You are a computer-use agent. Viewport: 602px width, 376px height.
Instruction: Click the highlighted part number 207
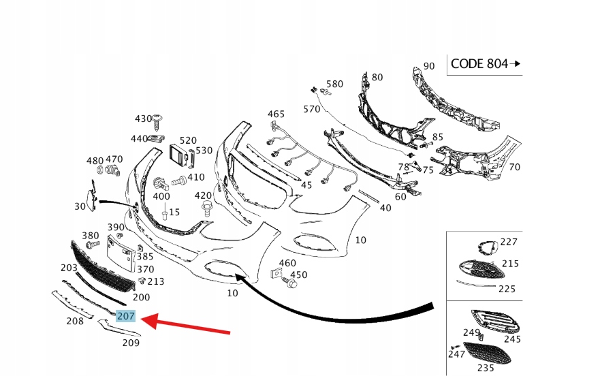click(x=126, y=316)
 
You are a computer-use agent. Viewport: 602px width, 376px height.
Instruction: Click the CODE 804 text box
click(x=484, y=64)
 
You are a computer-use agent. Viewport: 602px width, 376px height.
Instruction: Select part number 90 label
click(x=429, y=66)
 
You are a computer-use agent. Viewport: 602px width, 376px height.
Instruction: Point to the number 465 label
click(x=276, y=114)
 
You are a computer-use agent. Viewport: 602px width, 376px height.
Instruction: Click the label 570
click(x=311, y=109)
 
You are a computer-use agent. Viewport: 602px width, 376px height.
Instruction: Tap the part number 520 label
click(x=188, y=140)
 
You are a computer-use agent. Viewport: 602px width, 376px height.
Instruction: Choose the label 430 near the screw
click(x=143, y=119)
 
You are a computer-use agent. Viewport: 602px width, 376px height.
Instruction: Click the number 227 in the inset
click(x=509, y=242)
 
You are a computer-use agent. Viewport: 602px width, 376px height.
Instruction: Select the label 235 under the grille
click(x=485, y=368)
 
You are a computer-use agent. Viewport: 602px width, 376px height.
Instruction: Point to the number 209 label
click(x=131, y=343)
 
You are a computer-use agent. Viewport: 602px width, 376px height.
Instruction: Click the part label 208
click(x=74, y=320)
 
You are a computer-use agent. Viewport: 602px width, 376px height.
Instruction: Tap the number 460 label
click(x=287, y=263)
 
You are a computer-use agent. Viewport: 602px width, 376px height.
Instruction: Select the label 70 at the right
click(x=514, y=167)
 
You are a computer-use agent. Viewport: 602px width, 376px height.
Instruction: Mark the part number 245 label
click(x=512, y=339)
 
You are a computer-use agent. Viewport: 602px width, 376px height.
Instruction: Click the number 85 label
click(x=437, y=138)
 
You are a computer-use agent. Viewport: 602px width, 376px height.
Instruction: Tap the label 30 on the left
click(x=80, y=206)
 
